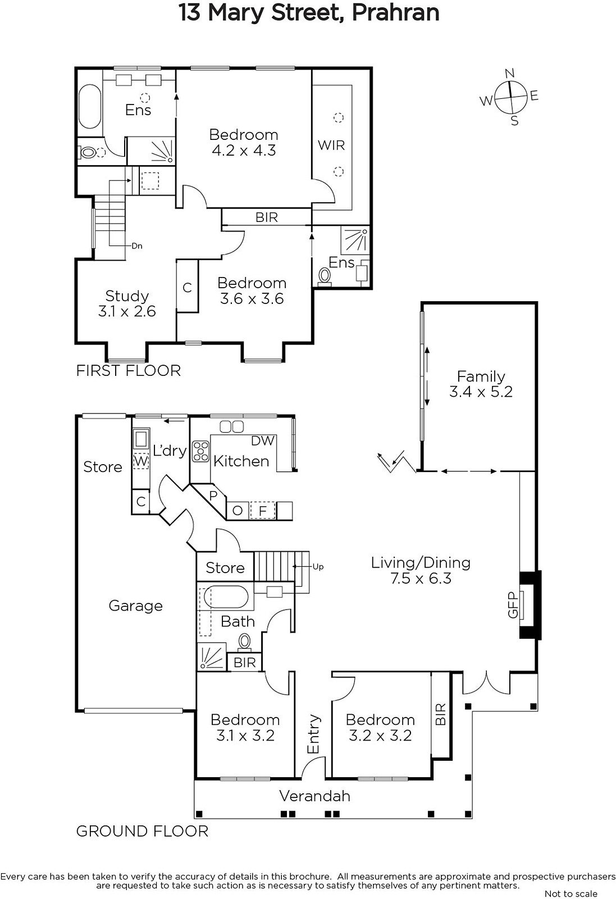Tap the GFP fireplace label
coord(513,605)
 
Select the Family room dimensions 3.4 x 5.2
coord(481,392)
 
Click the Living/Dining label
coord(421,562)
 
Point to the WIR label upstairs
coord(331,145)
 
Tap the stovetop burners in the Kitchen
coord(200,451)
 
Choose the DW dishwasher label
coord(263,441)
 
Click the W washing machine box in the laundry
coord(141,461)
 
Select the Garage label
coord(135,606)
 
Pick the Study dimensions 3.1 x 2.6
coord(127,311)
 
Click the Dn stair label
coord(137,246)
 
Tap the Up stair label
coord(318,567)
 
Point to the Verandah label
coord(315,796)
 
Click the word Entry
coord(313,734)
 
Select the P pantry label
coord(213,496)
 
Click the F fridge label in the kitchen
coord(263,511)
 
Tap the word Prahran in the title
coord(395,12)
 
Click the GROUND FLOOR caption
coord(143,831)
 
